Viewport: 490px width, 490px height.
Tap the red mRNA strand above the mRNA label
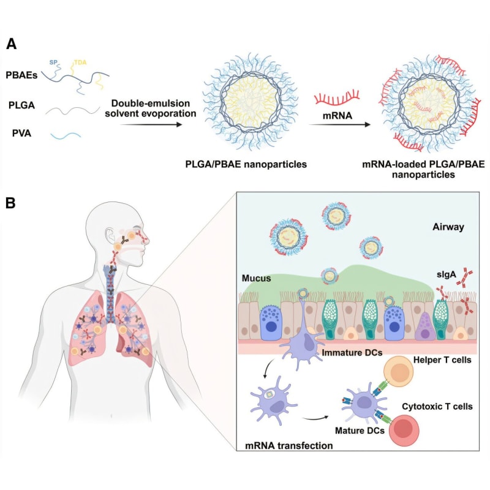(336, 98)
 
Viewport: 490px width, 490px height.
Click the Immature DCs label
(345, 354)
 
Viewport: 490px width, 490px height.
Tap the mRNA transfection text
(288, 446)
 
